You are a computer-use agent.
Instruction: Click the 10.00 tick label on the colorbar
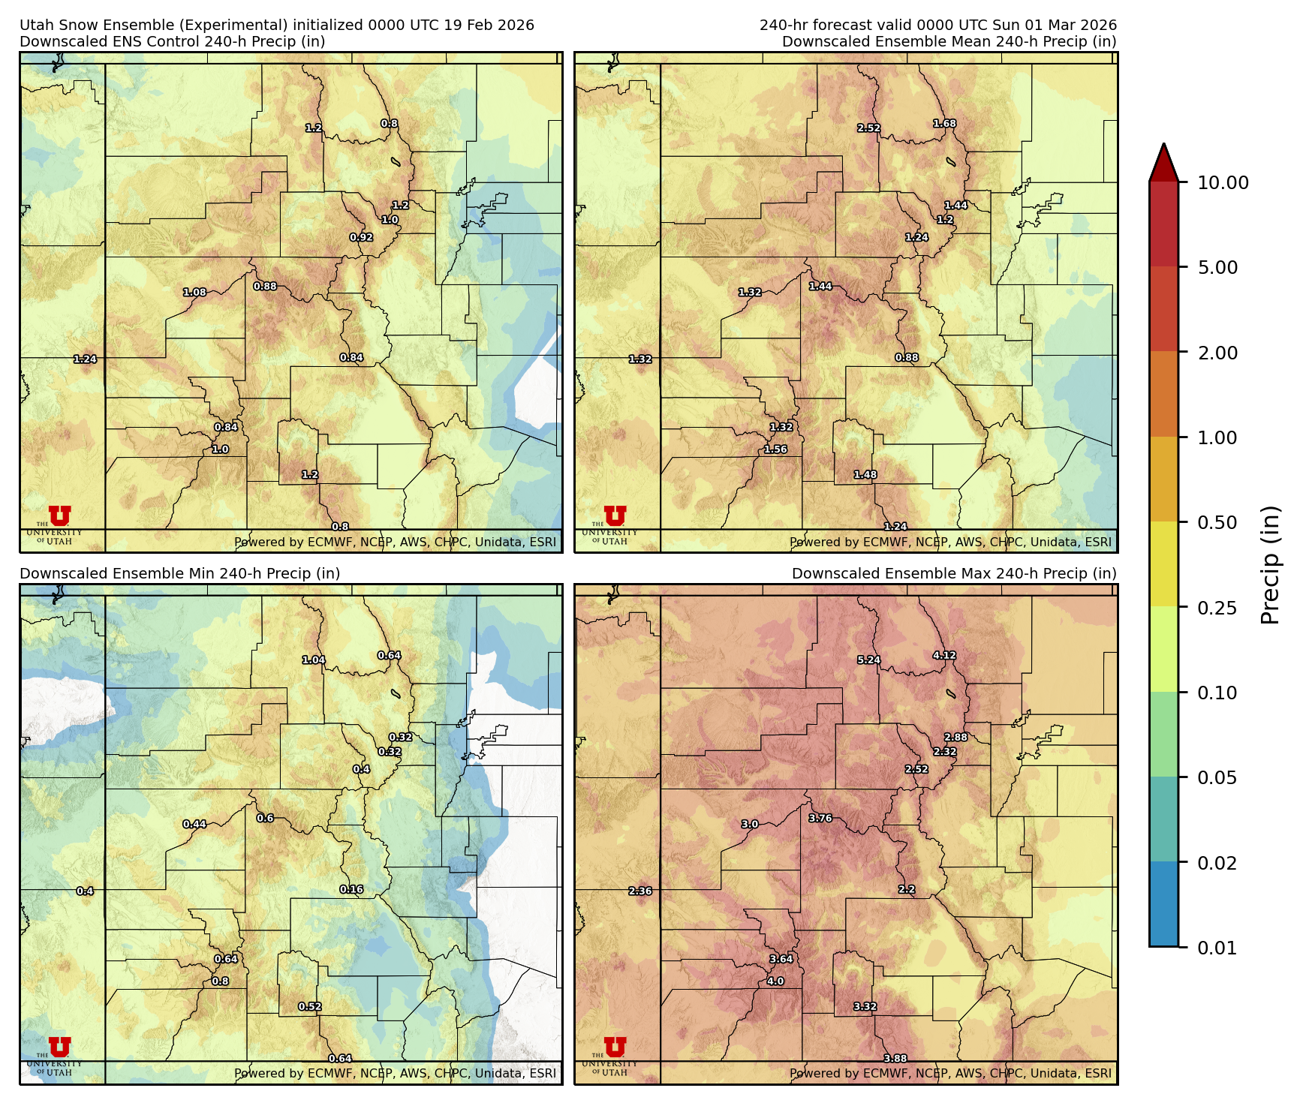coord(1223,182)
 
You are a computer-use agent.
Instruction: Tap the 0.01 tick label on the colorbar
coord(1217,948)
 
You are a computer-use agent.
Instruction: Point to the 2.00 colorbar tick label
coord(1217,353)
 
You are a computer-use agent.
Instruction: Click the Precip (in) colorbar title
coord(1270,565)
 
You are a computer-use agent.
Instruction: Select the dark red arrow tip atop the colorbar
coord(1163,161)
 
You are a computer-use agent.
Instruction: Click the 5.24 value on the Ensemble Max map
coord(868,660)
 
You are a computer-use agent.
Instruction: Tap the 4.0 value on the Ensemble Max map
coord(775,981)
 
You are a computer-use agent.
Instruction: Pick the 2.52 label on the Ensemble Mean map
coord(868,128)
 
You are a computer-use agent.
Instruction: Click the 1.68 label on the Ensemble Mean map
coord(944,124)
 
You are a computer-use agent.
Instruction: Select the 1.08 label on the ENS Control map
coord(194,293)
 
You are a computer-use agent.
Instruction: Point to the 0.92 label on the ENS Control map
coord(361,238)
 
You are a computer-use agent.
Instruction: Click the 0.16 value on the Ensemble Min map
coord(351,890)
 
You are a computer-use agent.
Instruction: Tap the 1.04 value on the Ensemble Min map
coord(313,660)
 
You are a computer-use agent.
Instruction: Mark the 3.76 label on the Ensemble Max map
coord(820,819)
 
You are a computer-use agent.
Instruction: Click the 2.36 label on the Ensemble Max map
coord(640,891)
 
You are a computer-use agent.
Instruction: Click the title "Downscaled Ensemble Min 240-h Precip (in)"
coord(179,573)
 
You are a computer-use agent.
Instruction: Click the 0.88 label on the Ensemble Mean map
coord(907,358)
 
